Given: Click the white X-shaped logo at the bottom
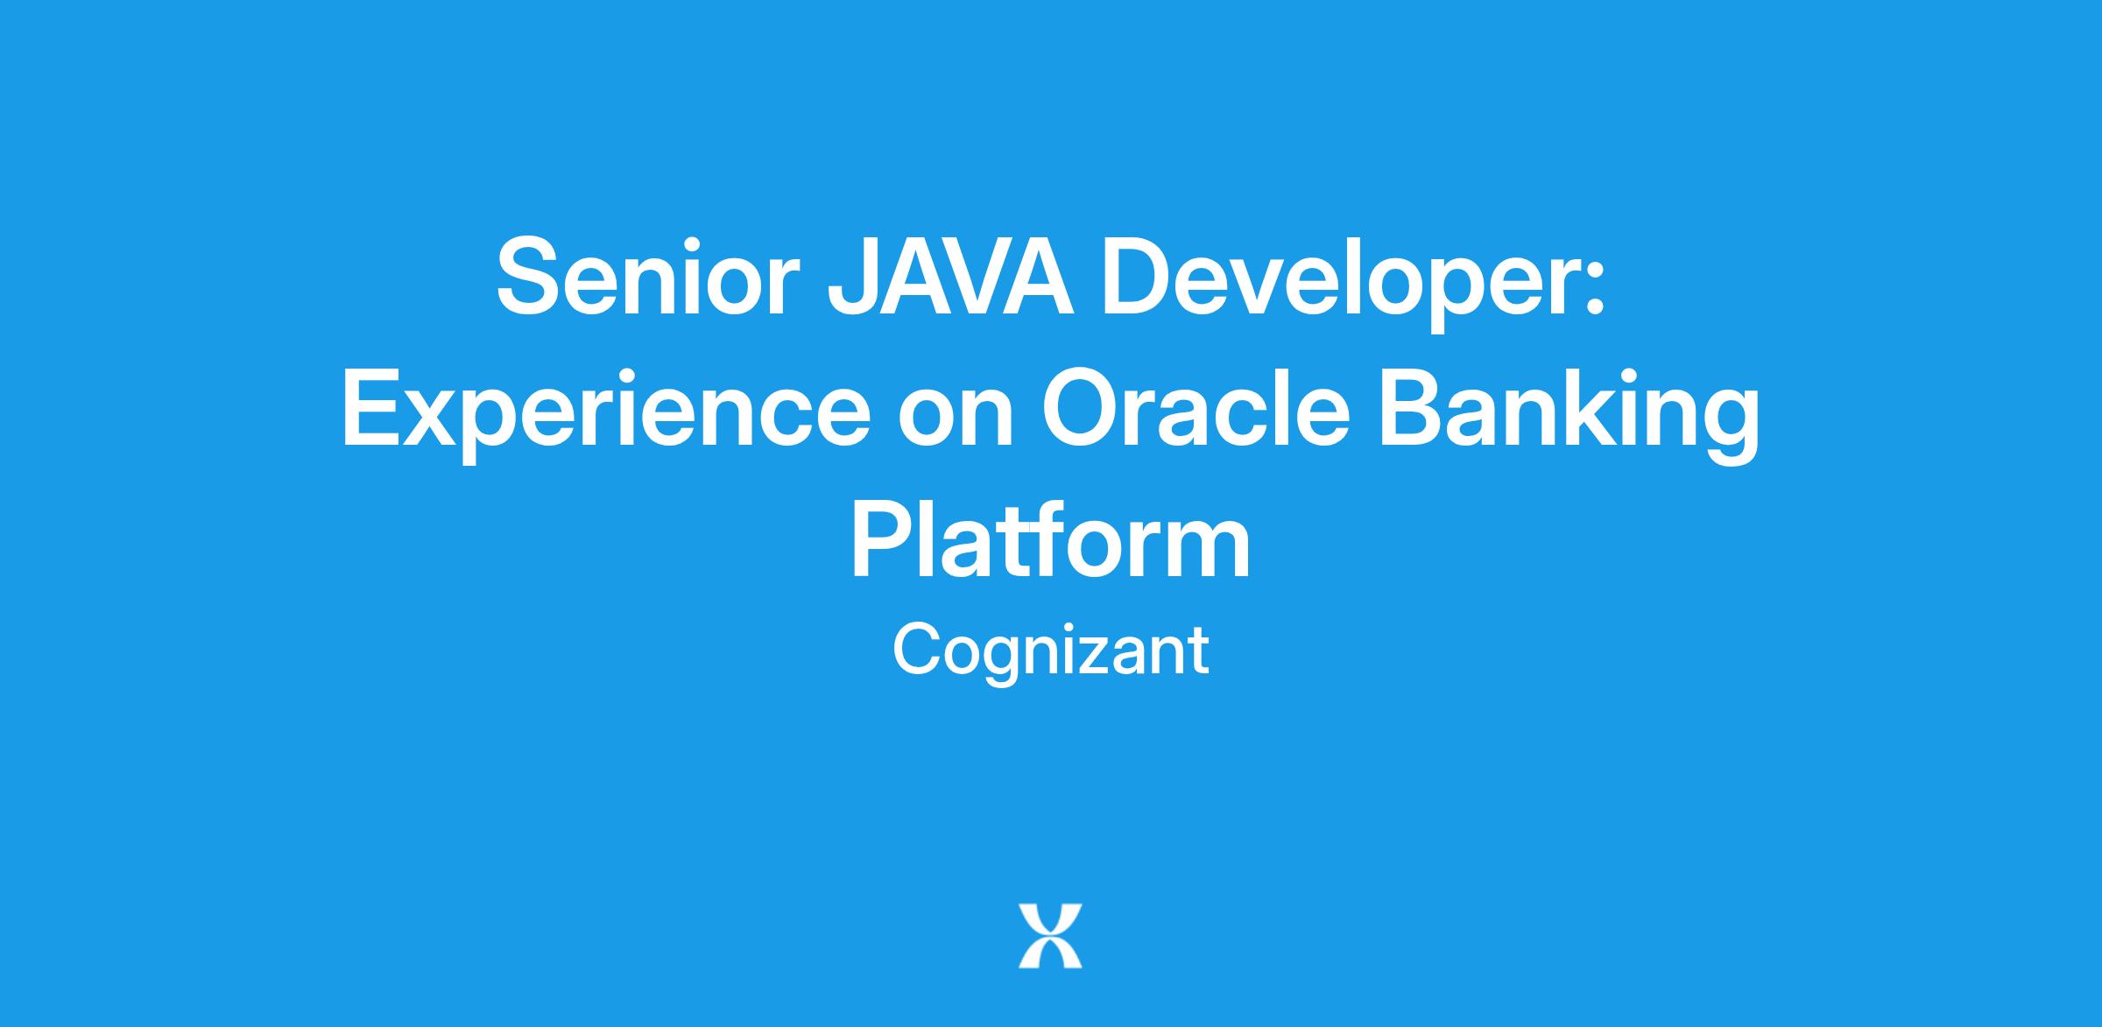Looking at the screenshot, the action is [1050, 936].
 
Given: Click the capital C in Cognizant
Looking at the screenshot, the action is [916, 649].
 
